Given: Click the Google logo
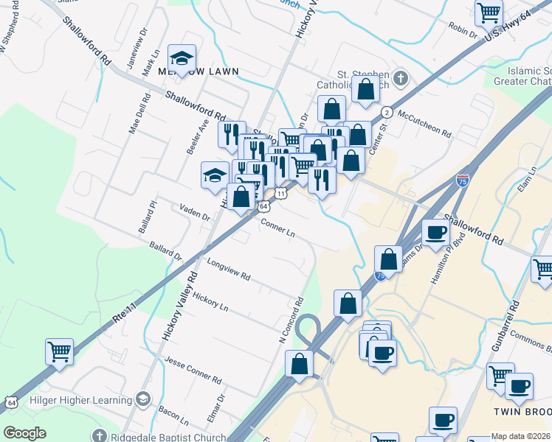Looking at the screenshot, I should tap(24, 433).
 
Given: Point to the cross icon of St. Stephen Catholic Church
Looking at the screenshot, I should tap(400, 78).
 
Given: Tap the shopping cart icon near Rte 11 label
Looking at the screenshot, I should tap(59, 351).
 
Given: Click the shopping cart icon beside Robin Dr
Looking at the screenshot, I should tap(488, 13).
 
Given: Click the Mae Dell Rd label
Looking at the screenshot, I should tap(134, 116).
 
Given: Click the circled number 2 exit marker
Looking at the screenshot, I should tap(387, 112).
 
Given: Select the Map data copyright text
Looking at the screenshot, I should tap(521, 436).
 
